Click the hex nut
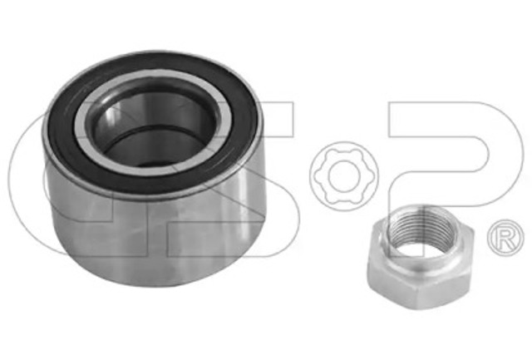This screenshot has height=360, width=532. pos(421,257)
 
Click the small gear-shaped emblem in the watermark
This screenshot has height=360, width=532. pos(343,176)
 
